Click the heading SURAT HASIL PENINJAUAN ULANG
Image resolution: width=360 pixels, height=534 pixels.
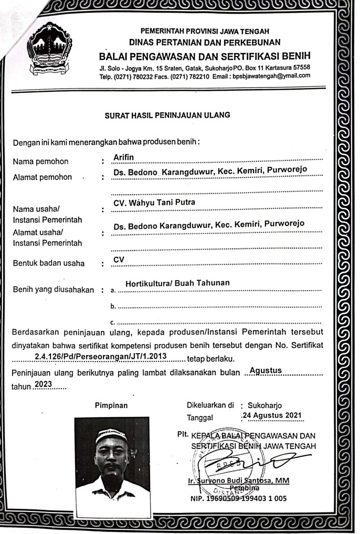tap(167, 114)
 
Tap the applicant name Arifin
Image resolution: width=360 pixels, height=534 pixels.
tap(124, 157)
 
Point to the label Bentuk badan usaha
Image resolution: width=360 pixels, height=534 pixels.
tap(49, 263)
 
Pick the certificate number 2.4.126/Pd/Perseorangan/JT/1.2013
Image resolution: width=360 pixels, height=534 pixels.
tap(100, 357)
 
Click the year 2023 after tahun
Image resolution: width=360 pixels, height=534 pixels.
tap(43, 385)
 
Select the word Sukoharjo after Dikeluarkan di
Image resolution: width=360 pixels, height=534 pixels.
tap(266, 405)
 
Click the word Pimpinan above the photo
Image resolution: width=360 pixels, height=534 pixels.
tap(111, 405)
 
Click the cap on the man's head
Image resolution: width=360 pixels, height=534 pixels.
tap(111, 435)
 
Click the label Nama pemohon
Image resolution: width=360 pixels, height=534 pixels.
tap(41, 161)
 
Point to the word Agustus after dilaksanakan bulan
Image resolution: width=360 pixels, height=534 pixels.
tap(266, 370)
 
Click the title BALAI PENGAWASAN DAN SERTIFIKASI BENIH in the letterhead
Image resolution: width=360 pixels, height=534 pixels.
tap(205, 56)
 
